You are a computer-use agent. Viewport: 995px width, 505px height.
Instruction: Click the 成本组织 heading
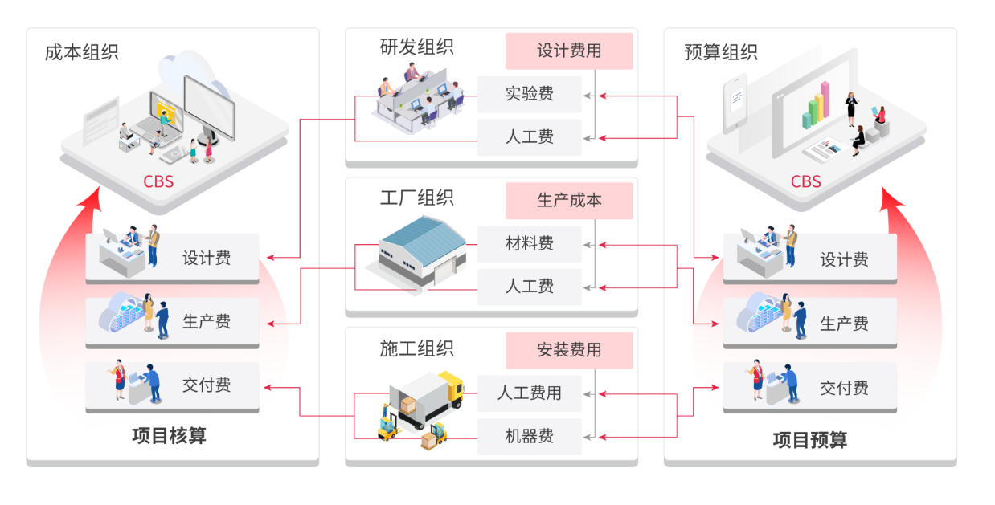pos(82,53)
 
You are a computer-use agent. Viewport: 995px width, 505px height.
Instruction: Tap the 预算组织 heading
pos(721,53)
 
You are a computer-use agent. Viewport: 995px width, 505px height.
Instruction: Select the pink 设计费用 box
pos(569,51)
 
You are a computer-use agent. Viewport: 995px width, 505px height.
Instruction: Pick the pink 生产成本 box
pos(569,201)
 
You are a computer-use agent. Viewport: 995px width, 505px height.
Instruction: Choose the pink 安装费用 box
pos(569,350)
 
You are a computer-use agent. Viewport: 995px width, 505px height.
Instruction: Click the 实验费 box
pos(529,94)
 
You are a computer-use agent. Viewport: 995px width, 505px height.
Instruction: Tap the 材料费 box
pos(529,243)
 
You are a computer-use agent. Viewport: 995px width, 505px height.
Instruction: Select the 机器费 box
pos(529,437)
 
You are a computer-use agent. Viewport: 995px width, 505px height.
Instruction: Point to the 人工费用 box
pos(529,393)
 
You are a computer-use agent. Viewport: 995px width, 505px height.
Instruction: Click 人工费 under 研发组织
pos(529,137)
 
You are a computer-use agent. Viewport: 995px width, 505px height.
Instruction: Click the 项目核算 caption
pos(169,436)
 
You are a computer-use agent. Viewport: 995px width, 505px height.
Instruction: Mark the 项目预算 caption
pos(809,440)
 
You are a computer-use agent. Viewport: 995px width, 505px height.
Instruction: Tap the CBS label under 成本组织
pos(158,181)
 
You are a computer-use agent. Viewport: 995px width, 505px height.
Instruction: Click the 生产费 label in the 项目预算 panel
pos(844,324)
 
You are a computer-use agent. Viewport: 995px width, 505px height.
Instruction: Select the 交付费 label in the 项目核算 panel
pos(207,385)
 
